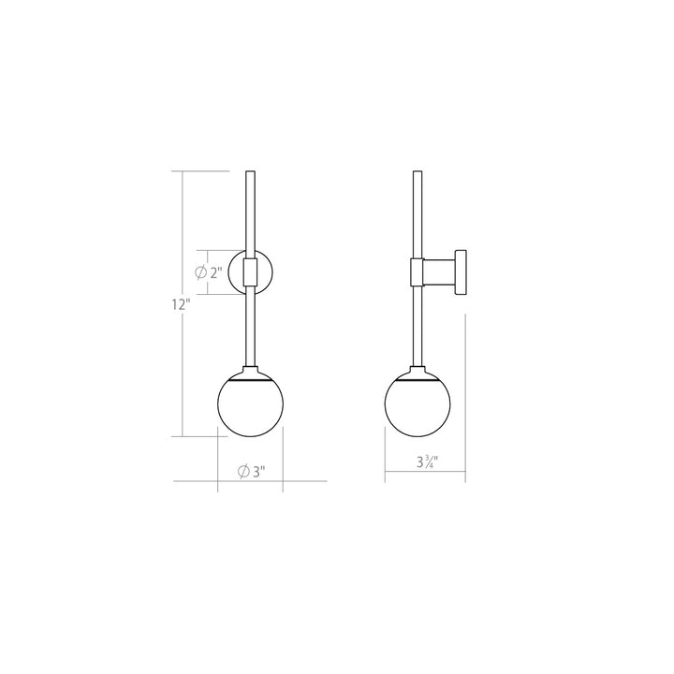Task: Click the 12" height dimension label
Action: tap(181, 304)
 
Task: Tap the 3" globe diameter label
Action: tap(258, 471)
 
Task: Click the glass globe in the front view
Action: tap(248, 406)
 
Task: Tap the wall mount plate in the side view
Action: tap(461, 272)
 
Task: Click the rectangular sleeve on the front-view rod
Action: tap(248, 272)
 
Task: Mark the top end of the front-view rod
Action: tap(248, 173)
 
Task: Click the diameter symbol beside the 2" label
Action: tap(200, 273)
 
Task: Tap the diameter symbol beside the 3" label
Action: tap(243, 471)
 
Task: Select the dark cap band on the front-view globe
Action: tap(248, 379)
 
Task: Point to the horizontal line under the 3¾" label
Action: tap(425, 481)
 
